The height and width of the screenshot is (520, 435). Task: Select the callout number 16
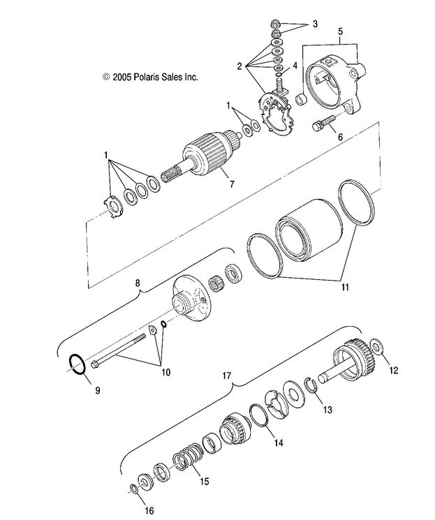[149, 511]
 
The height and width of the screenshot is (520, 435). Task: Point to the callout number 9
[97, 389]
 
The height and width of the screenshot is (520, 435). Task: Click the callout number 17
[227, 375]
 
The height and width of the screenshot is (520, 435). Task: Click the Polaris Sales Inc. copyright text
[150, 77]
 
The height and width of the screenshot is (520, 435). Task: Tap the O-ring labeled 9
[78, 364]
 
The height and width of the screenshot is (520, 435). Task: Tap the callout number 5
[340, 31]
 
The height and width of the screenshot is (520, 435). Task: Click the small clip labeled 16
[133, 487]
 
